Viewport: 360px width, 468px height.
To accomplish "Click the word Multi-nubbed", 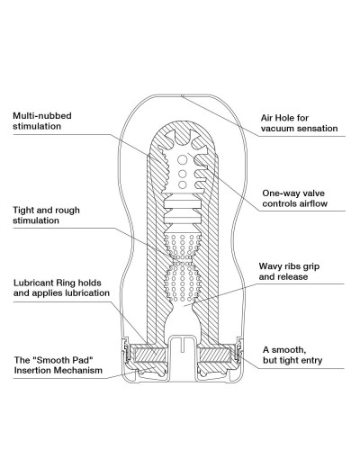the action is click(x=42, y=116).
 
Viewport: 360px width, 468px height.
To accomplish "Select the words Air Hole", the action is click(x=276, y=118).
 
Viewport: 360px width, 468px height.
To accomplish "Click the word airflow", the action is click(x=313, y=203).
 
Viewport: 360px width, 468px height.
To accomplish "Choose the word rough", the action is click(x=67, y=211).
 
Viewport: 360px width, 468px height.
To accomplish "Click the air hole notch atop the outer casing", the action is click(x=182, y=95).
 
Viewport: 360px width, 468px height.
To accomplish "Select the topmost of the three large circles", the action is click(x=182, y=160).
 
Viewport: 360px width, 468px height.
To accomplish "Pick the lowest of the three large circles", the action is click(x=182, y=184).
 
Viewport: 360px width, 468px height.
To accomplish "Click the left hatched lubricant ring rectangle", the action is click(x=149, y=355).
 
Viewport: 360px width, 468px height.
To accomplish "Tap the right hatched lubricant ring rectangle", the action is click(x=214, y=355).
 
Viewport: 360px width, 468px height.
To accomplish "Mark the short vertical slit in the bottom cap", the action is click(x=182, y=345).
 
